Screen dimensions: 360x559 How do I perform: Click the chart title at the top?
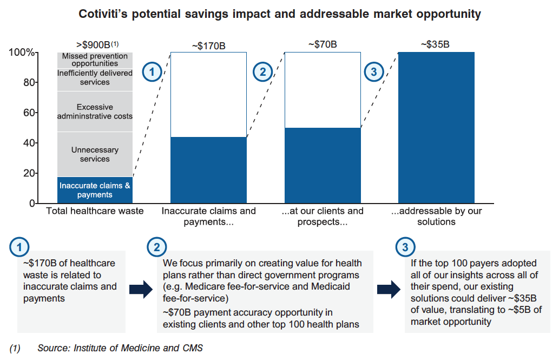(x=280, y=14)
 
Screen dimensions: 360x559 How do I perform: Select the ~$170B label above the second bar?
(x=208, y=46)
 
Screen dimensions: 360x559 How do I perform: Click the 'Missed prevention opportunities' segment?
(x=95, y=60)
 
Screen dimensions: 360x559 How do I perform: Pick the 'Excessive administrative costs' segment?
(x=95, y=112)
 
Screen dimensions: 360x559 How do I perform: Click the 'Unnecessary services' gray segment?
(x=95, y=154)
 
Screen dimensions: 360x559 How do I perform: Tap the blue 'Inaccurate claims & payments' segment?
(x=95, y=190)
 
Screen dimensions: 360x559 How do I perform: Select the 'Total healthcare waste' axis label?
(x=95, y=211)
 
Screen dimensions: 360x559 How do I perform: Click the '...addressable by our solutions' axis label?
(x=436, y=216)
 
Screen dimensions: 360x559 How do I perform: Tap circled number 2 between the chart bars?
(x=263, y=72)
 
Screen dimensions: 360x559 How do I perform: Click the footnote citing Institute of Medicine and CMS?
(x=107, y=348)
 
